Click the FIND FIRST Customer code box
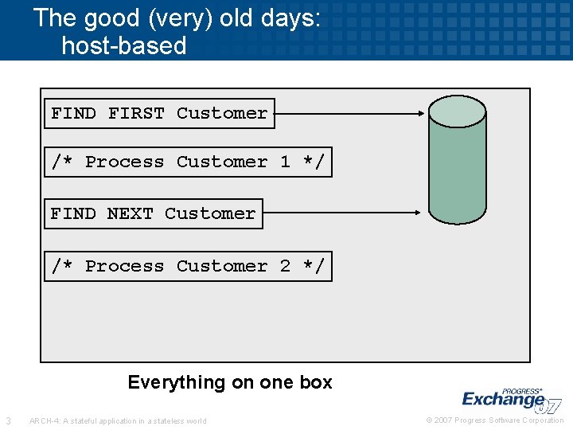[x=159, y=113]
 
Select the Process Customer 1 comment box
[x=188, y=162]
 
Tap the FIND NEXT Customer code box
[x=153, y=213]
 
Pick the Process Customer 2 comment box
[x=188, y=266]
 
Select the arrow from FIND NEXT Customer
[x=342, y=213]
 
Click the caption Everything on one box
[x=230, y=382]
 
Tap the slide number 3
[x=8, y=420]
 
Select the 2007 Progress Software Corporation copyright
[x=495, y=420]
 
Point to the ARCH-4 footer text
[x=117, y=420]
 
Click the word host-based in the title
[x=123, y=45]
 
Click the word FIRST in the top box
[x=136, y=113]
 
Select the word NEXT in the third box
[x=130, y=213]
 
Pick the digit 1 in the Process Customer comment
[x=285, y=162]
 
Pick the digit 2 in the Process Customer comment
[x=285, y=266]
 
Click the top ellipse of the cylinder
[x=457, y=111]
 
